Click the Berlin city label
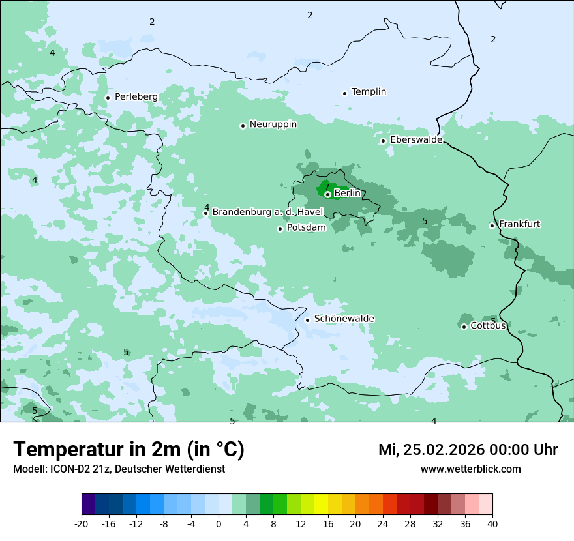(347, 194)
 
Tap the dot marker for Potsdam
(280, 229)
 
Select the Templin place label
(369, 92)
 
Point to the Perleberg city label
(136, 97)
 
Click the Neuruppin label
(273, 124)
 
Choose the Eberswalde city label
(416, 140)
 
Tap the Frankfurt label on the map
(519, 224)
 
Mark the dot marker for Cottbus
(464, 327)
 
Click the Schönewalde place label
(344, 319)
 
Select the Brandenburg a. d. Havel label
(267, 212)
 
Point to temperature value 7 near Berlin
(327, 187)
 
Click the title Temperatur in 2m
(128, 450)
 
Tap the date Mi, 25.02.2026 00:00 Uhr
(468, 450)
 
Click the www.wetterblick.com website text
(470, 469)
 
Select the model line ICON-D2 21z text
(119, 469)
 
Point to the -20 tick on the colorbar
(82, 523)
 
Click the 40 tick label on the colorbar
(492, 523)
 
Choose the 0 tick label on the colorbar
(219, 523)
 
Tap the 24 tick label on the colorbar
(382, 523)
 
